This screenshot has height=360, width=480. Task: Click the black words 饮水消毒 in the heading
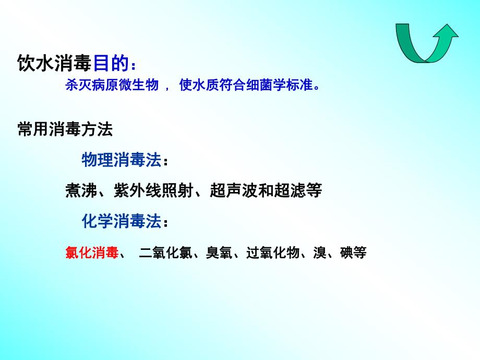[x=55, y=64]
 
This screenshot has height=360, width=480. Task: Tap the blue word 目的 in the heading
[x=111, y=64]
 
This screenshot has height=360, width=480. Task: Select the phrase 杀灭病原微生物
[x=112, y=85]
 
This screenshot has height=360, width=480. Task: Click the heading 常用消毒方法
[x=65, y=129]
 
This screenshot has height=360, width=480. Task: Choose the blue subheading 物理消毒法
[x=121, y=160]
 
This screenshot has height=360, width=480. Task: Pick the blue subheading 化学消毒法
[x=121, y=221]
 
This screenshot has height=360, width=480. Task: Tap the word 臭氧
[x=219, y=253]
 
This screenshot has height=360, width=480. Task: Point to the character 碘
[x=346, y=253]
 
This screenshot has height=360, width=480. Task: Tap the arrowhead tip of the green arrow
[x=447, y=26]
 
